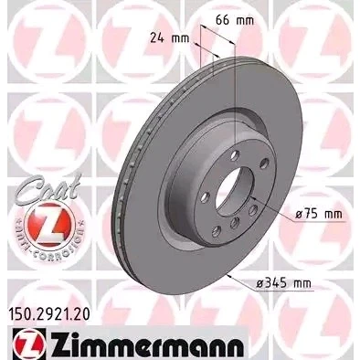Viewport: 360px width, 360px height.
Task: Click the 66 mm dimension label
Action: pyautogui.click(x=235, y=20)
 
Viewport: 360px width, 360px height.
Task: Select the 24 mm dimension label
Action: pyautogui.click(x=170, y=38)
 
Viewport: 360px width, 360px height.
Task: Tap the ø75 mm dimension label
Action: pyautogui.click(x=319, y=214)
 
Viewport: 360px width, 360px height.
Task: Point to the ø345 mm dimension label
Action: pyautogui.click(x=283, y=283)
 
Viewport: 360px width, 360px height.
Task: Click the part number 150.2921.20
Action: pyautogui.click(x=48, y=314)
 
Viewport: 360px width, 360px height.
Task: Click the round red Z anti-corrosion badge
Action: pyautogui.click(x=48, y=225)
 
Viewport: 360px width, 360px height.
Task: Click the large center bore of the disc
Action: pyautogui.click(x=234, y=192)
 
